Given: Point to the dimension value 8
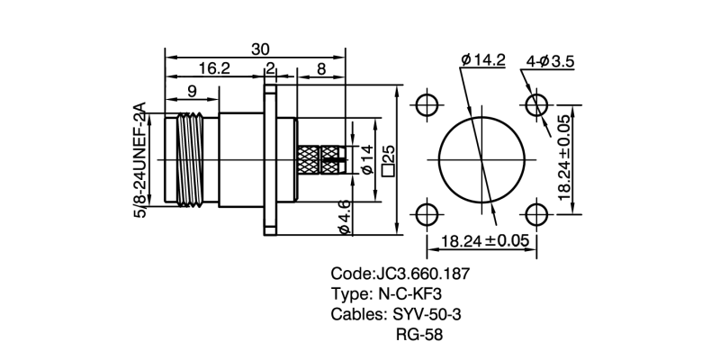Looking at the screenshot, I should click(x=321, y=68).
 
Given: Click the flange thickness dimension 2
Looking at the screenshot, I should click(x=270, y=68).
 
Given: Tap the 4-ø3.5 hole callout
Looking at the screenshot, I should click(x=550, y=60).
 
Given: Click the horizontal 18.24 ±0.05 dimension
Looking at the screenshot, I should click(x=482, y=240).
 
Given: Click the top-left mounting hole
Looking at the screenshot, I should click(x=427, y=102).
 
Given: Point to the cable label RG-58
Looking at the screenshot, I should click(x=419, y=335).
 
